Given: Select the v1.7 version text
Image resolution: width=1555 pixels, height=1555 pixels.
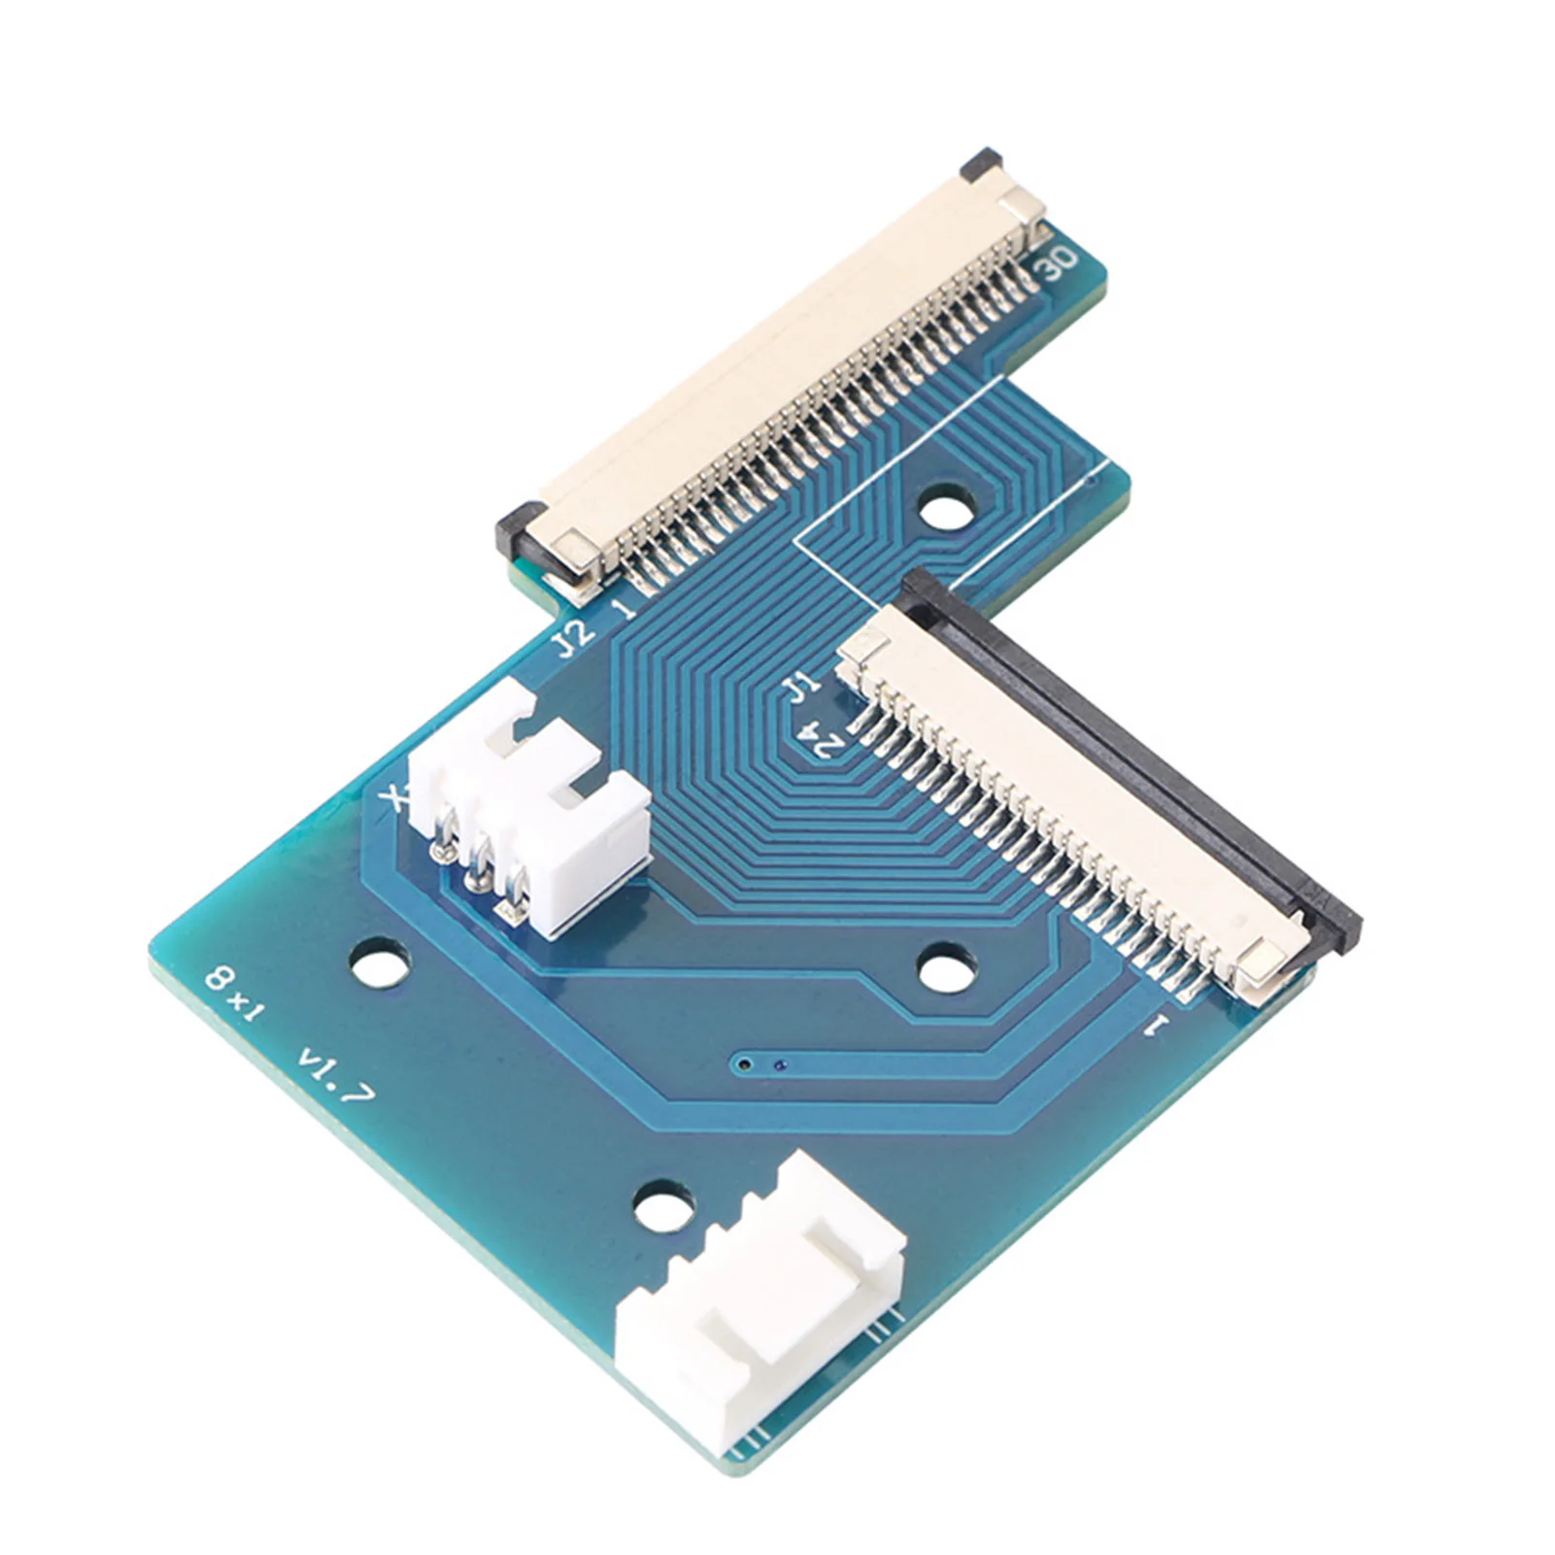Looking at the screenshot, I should point(336,1074).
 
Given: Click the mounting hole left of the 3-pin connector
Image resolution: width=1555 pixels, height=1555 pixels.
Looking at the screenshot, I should point(380,963).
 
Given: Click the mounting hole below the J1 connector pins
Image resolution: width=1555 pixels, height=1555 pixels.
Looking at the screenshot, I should point(945,969).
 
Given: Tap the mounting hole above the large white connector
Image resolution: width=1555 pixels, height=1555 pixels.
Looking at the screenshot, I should point(663,1208).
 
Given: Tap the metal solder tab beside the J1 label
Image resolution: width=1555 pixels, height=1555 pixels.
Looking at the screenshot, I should point(862,645).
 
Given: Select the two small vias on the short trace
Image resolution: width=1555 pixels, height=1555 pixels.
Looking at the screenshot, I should point(761,1065).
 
